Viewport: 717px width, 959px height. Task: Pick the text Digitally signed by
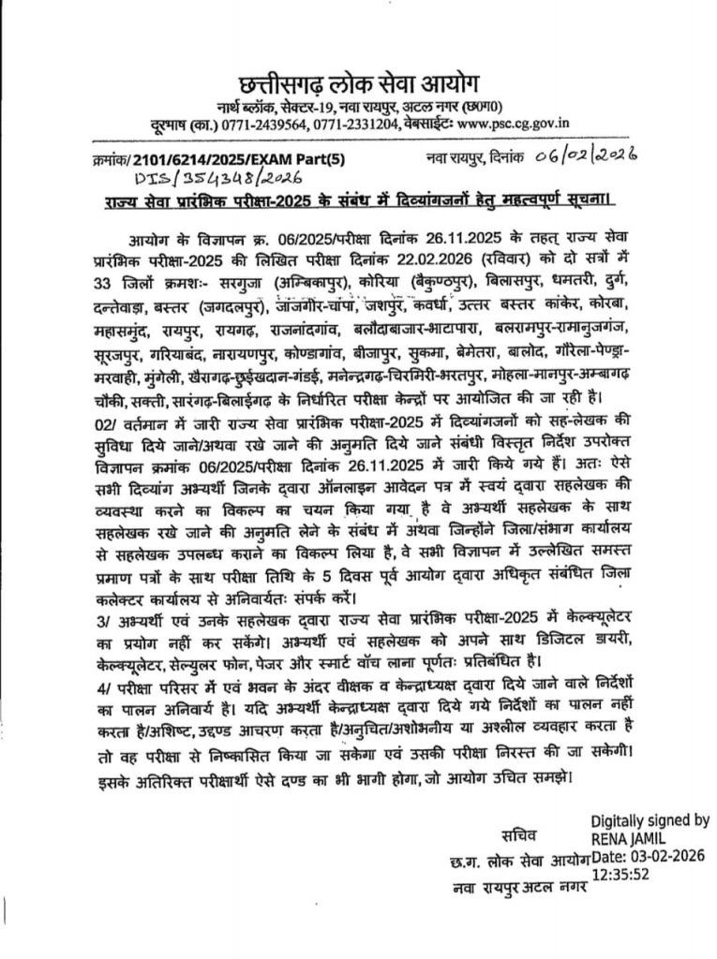click(x=650, y=820)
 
